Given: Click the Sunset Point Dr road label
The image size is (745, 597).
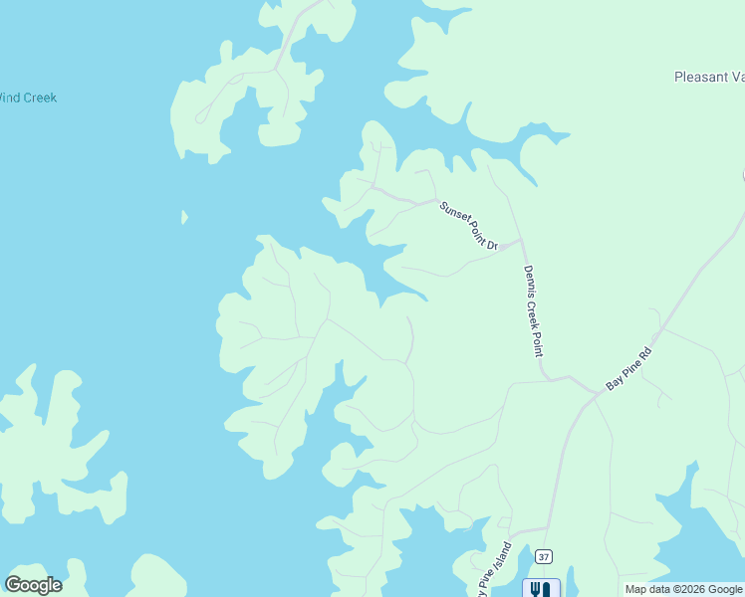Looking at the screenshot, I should point(469,225).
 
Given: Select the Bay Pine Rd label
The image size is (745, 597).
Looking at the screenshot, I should point(628,368).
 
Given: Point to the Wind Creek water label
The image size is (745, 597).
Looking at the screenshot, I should point(28,98).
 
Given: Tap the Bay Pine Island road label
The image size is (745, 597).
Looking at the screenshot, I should point(495,569).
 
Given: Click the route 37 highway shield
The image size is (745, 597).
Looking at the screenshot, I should point(543,555).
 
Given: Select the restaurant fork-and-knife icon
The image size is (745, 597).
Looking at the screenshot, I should point(541,589).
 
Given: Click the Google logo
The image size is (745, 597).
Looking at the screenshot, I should point(34,585).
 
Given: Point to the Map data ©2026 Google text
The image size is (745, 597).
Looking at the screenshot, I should point(683,589).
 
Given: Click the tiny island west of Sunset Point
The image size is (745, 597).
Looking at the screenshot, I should point(184,217).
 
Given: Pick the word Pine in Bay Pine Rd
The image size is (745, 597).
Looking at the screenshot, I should point(629,367).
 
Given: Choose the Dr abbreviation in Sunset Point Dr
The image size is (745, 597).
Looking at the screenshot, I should point(491,243).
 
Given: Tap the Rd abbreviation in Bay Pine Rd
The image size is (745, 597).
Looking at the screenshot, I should point(644,352).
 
